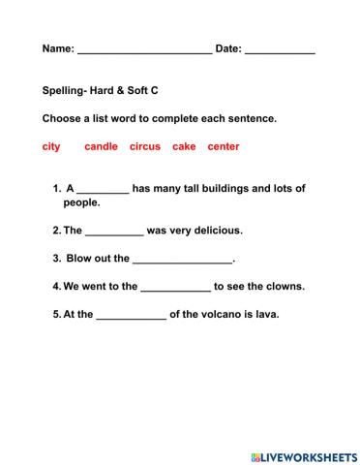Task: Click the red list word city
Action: tap(51, 146)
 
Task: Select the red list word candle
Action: tap(101, 146)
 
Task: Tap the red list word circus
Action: tap(145, 146)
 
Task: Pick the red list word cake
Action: tap(184, 146)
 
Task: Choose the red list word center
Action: tap(224, 146)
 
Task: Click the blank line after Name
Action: tap(144, 50)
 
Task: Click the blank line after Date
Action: tap(280, 50)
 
